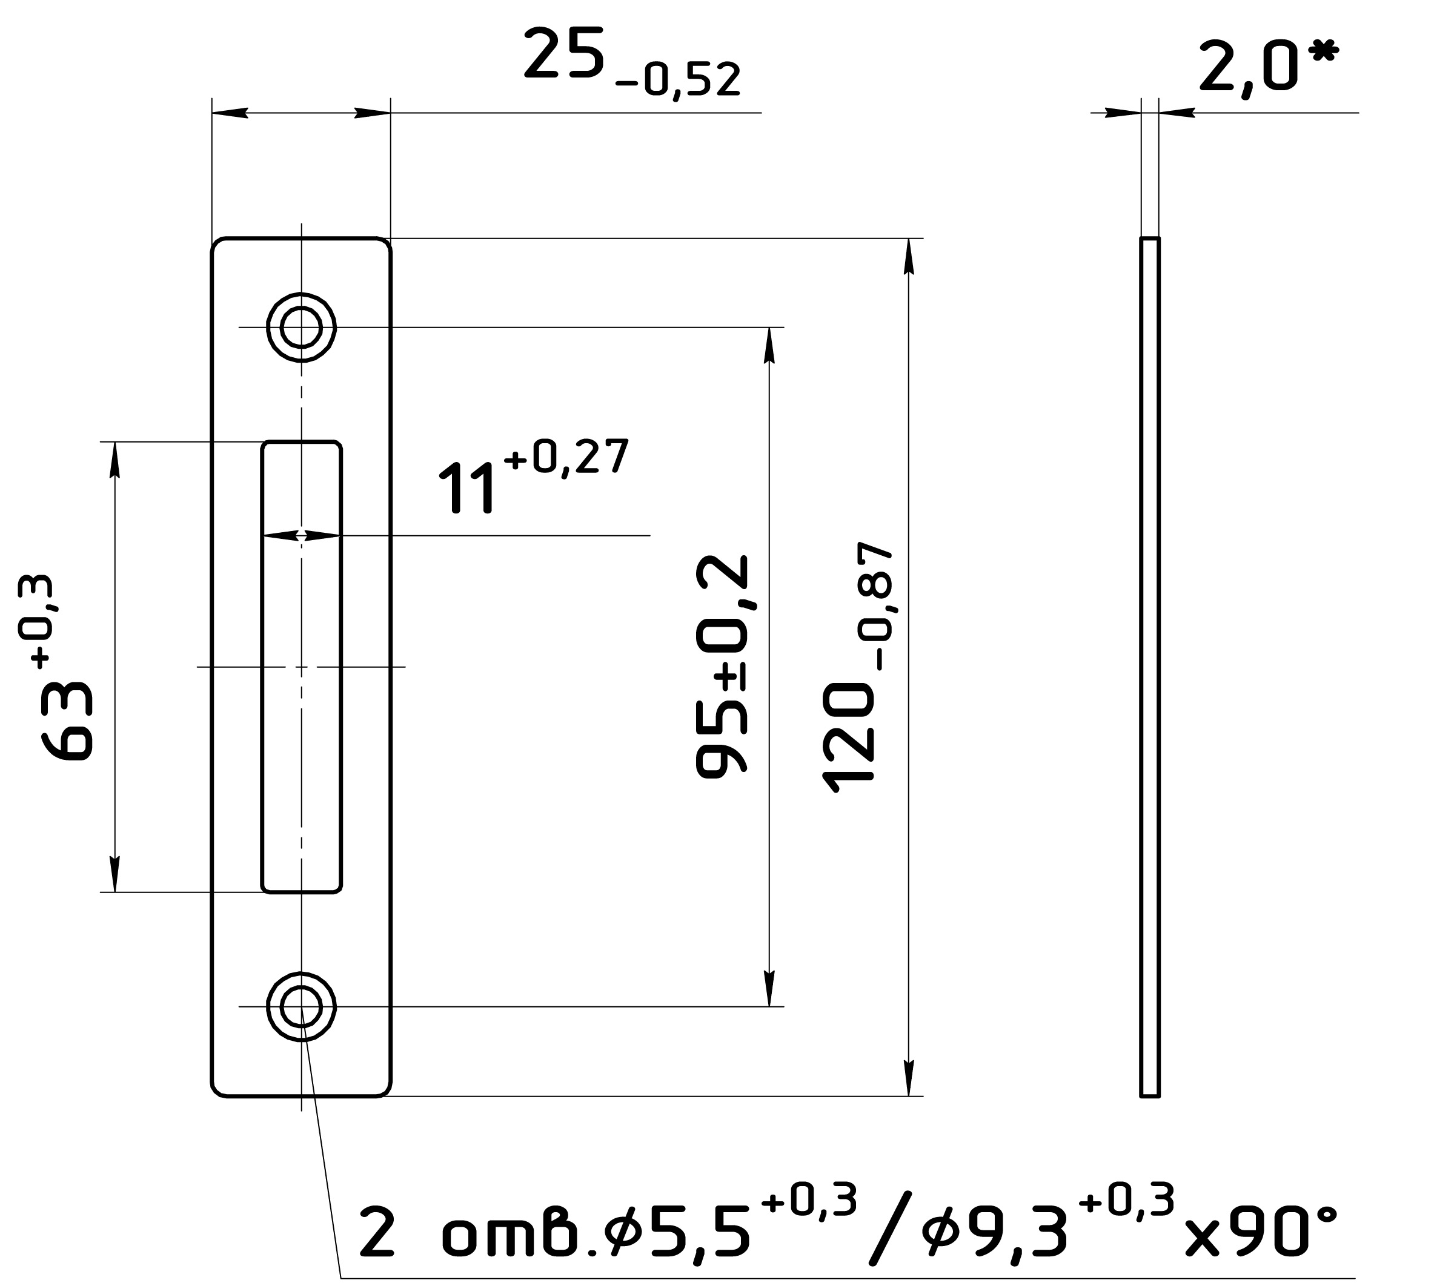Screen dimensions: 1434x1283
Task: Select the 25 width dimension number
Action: click(564, 52)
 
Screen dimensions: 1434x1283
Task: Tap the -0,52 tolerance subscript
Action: click(678, 79)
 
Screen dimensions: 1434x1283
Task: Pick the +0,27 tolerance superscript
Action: click(566, 457)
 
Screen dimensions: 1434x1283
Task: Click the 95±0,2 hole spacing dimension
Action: click(722, 666)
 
